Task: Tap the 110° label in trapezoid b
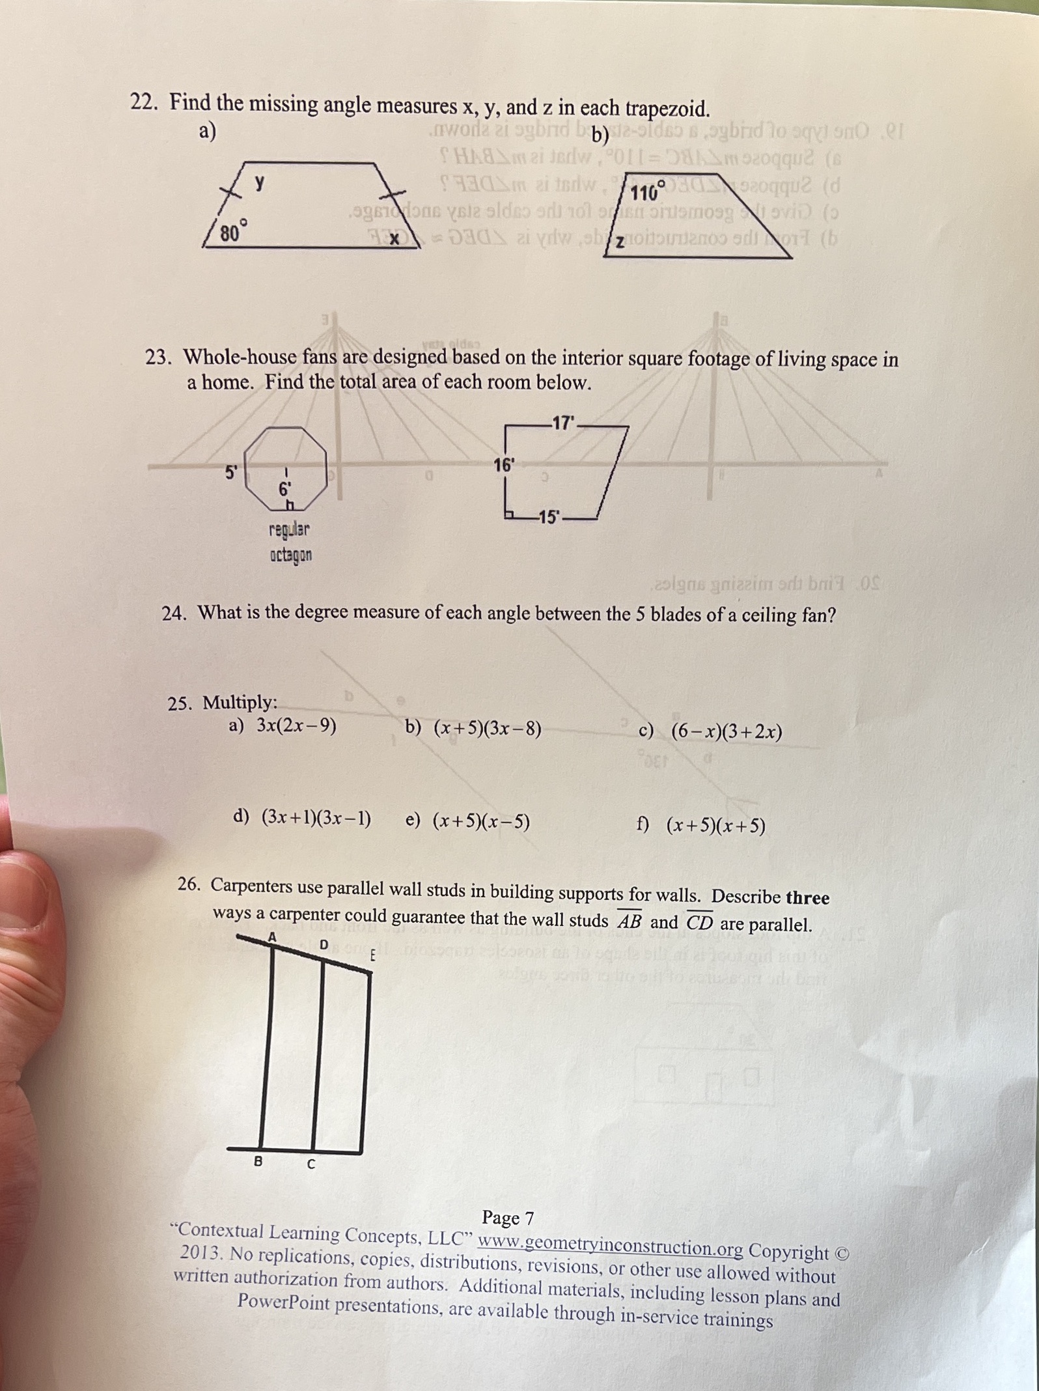click(x=648, y=192)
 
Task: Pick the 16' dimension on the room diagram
click(x=504, y=465)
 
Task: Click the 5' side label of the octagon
click(x=231, y=472)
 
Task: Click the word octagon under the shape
click(x=290, y=555)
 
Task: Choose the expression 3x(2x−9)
click(x=296, y=725)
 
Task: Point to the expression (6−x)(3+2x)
click(x=727, y=732)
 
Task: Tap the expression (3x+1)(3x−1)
click(x=316, y=818)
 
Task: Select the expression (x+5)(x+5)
click(x=715, y=826)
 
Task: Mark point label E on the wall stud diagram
click(x=373, y=956)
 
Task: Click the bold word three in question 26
click(x=807, y=897)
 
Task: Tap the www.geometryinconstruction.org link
click(x=610, y=1246)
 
